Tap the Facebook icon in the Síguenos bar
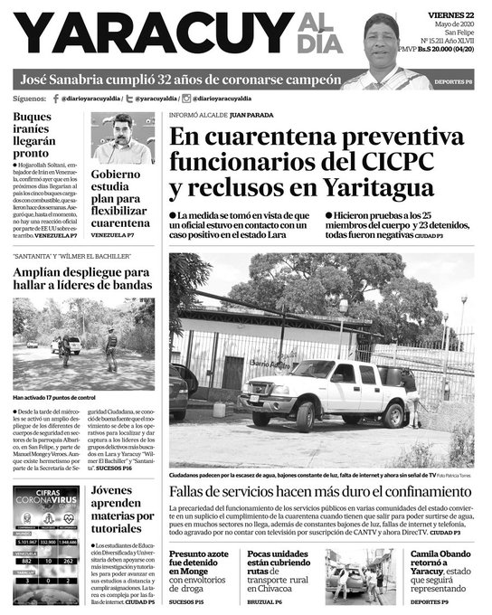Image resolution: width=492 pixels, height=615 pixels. pyautogui.click(x=56, y=98)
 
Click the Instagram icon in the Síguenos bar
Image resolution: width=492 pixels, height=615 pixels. pyautogui.click(x=187, y=98)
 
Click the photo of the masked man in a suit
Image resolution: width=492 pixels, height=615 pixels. pyautogui.click(x=123, y=137)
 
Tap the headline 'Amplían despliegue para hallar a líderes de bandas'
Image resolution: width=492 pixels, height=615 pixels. pyautogui.click(x=81, y=279)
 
